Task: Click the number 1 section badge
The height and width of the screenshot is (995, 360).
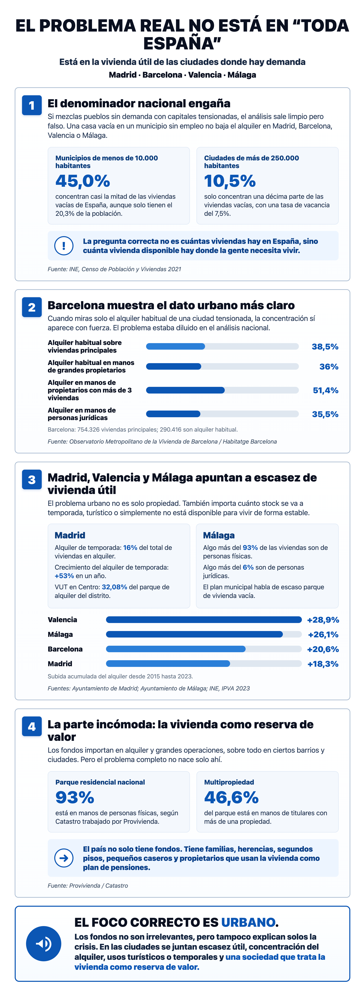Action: (x=32, y=105)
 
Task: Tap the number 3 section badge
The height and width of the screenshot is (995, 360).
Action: (x=32, y=479)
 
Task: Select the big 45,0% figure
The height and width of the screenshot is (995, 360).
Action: (x=83, y=181)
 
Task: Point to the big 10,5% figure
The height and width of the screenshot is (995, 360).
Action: (x=230, y=181)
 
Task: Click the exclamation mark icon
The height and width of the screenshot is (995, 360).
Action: (x=64, y=246)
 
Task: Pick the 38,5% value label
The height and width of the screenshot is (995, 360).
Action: (x=325, y=346)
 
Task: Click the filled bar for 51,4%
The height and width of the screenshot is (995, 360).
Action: (x=185, y=390)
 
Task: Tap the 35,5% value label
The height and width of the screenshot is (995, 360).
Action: (x=325, y=414)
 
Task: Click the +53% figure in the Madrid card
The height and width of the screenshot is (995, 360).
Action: (x=64, y=576)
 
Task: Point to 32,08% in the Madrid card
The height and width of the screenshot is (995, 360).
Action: (x=114, y=587)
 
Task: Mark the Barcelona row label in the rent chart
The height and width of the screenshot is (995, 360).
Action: (x=65, y=649)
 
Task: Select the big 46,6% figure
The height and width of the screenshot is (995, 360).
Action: (x=231, y=797)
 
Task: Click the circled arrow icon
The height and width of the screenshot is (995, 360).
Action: (x=64, y=858)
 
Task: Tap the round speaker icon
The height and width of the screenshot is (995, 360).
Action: (x=44, y=944)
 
